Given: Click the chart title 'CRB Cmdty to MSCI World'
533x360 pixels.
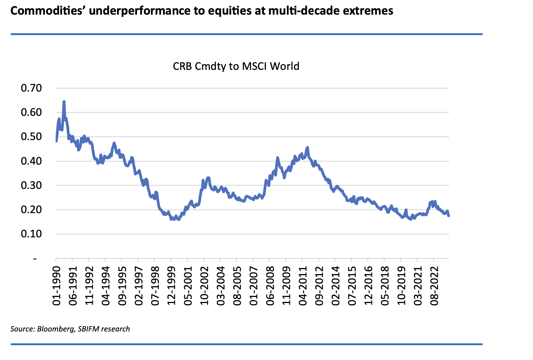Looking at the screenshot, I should point(236,66).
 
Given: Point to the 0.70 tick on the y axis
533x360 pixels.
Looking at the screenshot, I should point(31,88).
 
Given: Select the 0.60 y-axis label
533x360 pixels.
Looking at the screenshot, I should point(31,112).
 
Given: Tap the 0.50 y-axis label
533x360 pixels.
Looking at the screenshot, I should point(31,137).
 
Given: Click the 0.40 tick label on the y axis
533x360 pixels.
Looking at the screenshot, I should point(31,161).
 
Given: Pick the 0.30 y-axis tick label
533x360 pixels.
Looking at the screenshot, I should point(31,185).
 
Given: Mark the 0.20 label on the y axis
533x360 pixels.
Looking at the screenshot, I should point(31,210).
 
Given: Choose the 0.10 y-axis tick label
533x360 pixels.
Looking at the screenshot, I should point(31,234).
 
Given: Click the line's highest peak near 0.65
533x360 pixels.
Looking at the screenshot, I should point(64,102).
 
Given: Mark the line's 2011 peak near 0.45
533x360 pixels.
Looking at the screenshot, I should point(308,147).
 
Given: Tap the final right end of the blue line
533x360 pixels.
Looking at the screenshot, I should point(448,216).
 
